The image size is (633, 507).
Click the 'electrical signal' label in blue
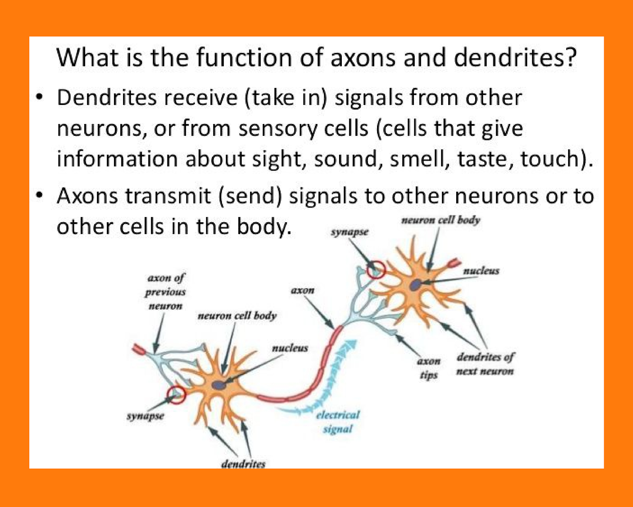click(337, 422)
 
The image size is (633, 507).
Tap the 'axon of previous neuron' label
click(165, 292)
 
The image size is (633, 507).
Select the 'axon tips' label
click(429, 368)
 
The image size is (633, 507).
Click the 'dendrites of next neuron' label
click(485, 364)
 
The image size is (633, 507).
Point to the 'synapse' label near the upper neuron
click(349, 232)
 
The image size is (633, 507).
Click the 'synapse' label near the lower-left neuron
click(145, 416)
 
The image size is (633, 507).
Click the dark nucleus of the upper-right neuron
click(415, 285)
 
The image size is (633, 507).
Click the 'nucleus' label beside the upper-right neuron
click(481, 271)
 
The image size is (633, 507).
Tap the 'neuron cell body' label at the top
click(441, 220)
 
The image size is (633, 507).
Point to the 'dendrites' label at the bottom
click(243, 464)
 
